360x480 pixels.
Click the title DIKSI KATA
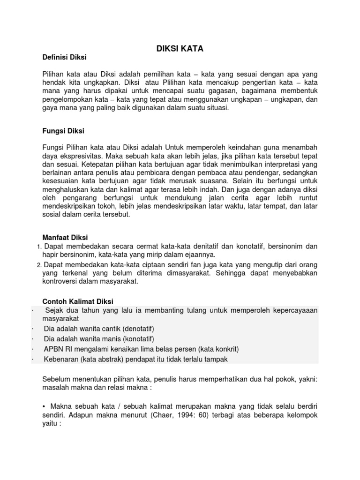180,48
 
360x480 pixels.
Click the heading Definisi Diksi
65,57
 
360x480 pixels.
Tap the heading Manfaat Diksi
65,237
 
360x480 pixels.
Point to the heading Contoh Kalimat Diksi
78,301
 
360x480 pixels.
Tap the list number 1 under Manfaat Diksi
38,247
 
